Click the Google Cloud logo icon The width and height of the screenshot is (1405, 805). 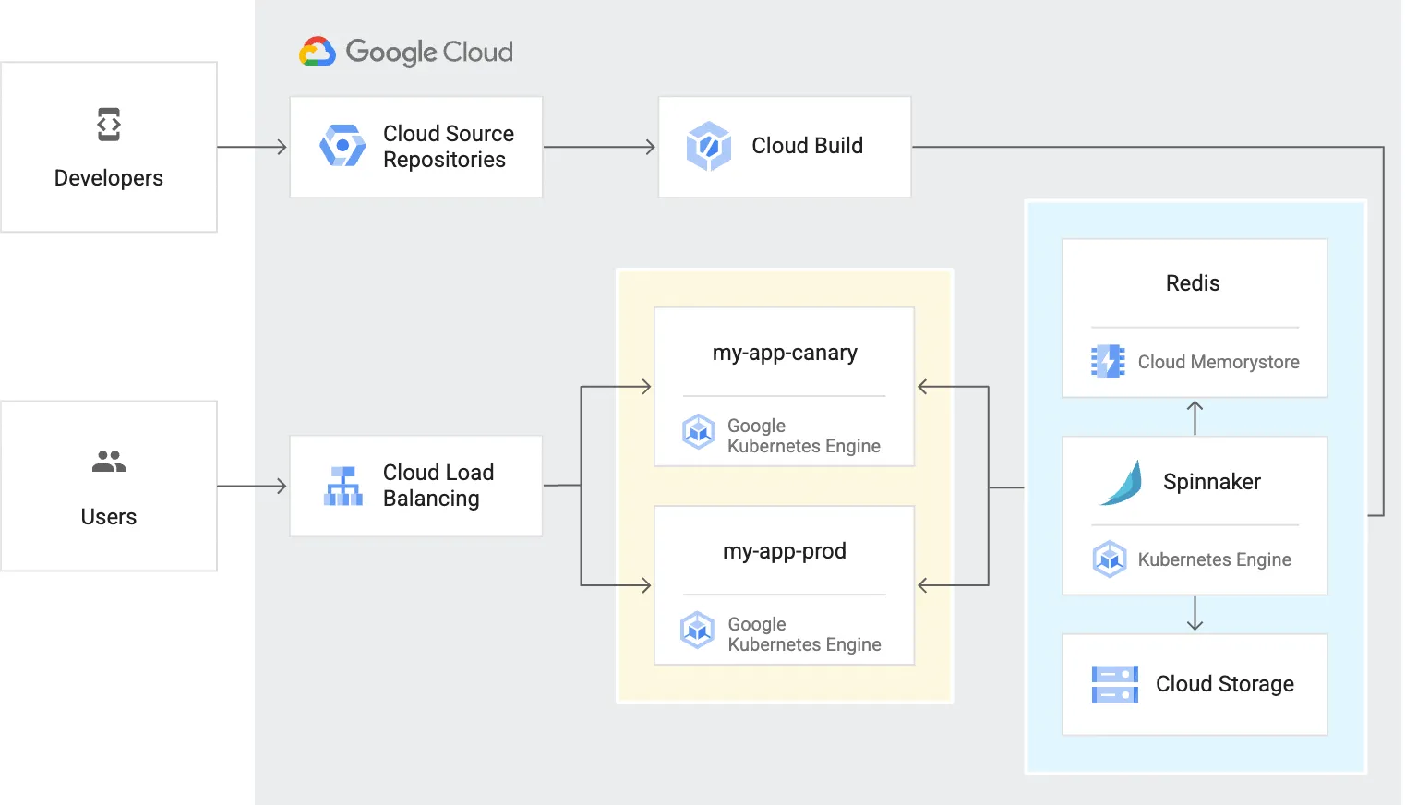point(317,53)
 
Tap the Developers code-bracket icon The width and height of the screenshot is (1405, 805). point(109,125)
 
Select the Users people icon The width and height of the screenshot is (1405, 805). point(109,461)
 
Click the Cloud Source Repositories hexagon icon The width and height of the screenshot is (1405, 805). point(342,146)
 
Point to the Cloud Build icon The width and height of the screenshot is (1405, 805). point(709,146)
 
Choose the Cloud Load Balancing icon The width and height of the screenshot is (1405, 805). point(342,486)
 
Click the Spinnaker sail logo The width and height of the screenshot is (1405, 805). point(1122,483)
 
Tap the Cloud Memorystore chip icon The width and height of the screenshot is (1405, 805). point(1108,362)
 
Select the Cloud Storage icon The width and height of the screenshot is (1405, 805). point(1114,684)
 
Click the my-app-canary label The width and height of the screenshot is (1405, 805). point(785,353)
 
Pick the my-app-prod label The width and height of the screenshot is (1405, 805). point(785,551)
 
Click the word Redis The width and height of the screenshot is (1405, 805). point(1193,283)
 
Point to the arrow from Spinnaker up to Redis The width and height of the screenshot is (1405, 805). point(1195,416)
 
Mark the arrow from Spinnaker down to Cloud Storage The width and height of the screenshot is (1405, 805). point(1195,614)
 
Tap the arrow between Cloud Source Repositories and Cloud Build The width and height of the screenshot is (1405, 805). point(600,147)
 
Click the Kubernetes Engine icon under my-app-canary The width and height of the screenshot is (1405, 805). point(699,431)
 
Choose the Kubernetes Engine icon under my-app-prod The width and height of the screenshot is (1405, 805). point(698,630)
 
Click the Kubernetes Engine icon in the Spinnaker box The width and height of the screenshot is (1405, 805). point(1109,559)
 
